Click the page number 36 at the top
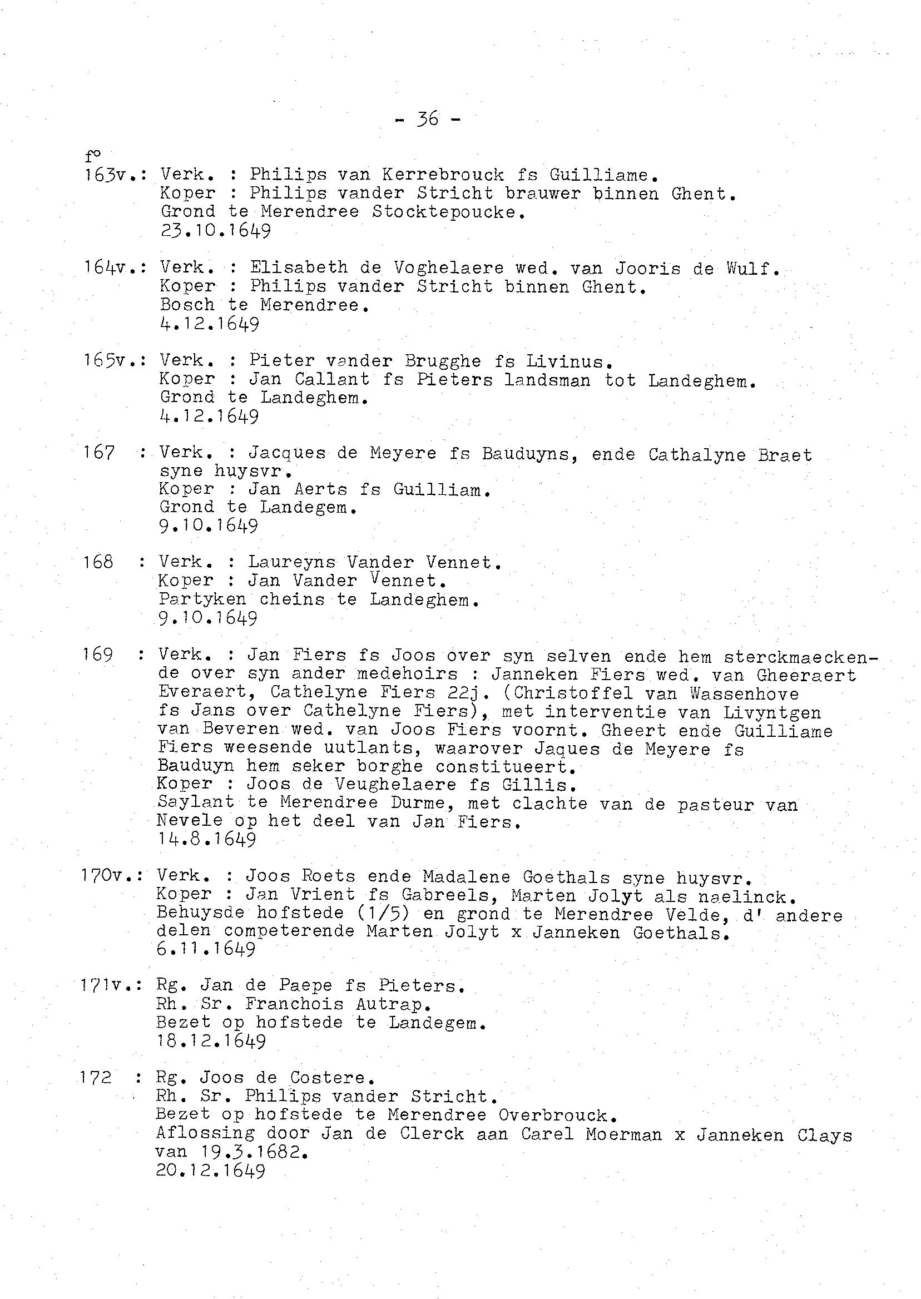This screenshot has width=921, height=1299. click(428, 118)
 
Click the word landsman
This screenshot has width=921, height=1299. click(547, 379)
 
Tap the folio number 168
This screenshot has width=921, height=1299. click(98, 562)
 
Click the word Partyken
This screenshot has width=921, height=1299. click(202, 599)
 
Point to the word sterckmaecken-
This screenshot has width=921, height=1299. click(801, 657)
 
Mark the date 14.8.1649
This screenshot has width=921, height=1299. click(207, 839)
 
